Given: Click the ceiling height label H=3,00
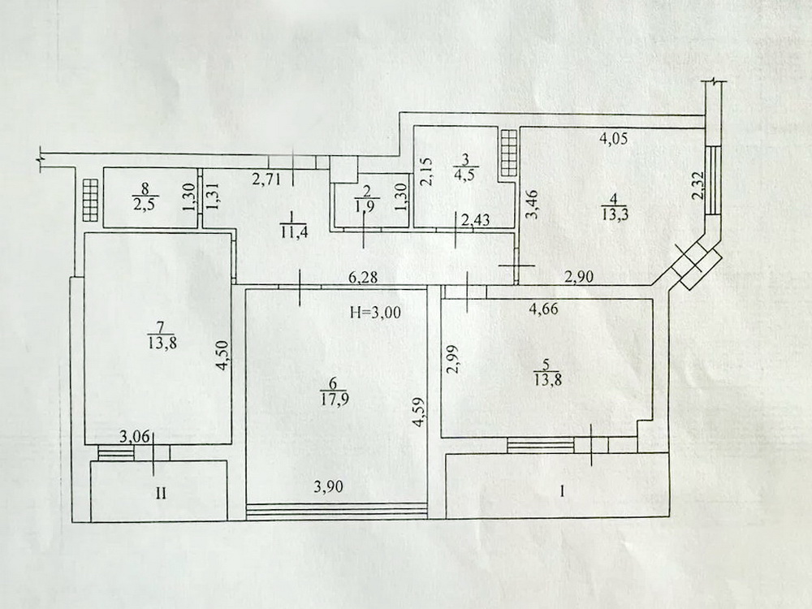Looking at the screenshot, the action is coord(374,313).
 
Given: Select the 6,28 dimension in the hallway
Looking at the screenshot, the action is coord(363,278).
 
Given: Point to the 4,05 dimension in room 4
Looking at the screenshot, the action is coord(614,138).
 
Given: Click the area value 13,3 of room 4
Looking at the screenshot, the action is coord(615,214).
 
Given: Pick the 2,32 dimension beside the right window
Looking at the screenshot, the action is coord(699,186).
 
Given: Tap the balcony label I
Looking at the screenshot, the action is coord(563,492).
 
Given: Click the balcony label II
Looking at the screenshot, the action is coord(161,493).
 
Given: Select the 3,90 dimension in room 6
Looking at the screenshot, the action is coord(328,486).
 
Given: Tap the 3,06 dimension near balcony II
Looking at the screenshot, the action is coord(135,438).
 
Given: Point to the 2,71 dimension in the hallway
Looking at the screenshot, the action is coord(266,179).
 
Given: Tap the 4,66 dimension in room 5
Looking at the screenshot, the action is coord(543,309).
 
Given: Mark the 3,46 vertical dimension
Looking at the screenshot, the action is coord(533,205).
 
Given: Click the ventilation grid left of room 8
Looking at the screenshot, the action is coord(89,201).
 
